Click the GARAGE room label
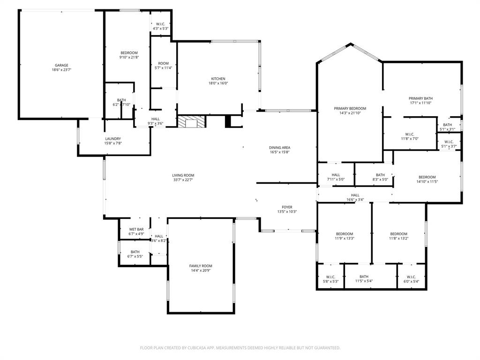[x=61, y=65]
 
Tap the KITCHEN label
[x=218, y=79]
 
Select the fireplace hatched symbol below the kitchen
[x=191, y=122]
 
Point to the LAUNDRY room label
[x=113, y=139]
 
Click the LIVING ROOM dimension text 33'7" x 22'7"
[x=183, y=180]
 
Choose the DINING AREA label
[x=279, y=148]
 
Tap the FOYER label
[x=287, y=207]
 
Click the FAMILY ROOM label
[x=201, y=266]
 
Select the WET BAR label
[x=136, y=229]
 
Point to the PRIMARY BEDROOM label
[x=350, y=108]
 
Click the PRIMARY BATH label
[x=420, y=98]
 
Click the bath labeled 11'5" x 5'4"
[x=364, y=279]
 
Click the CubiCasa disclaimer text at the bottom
[x=240, y=348]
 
